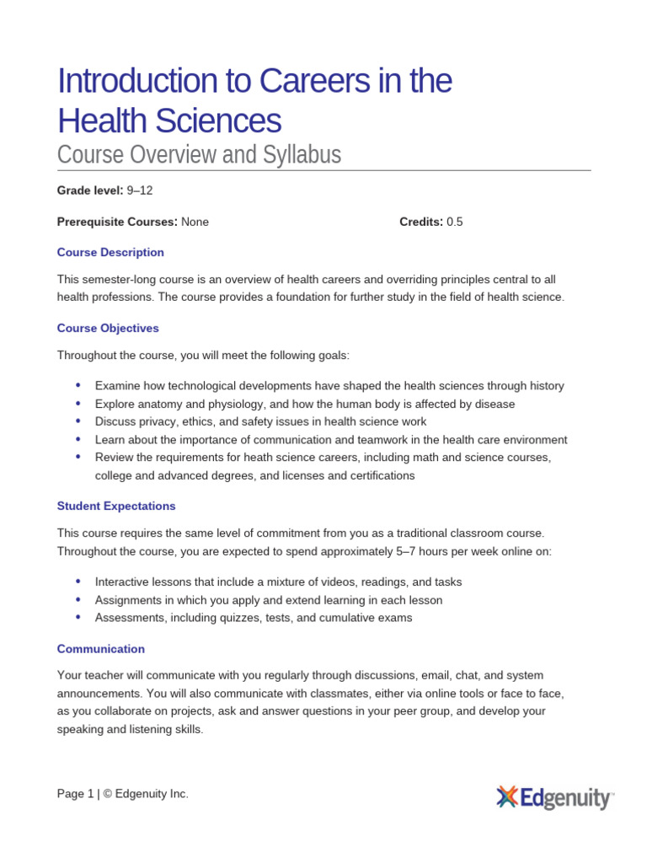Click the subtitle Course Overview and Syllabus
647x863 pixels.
point(199,155)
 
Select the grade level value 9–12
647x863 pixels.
point(140,190)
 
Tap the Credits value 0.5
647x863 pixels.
point(455,222)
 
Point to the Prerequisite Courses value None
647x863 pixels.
point(195,222)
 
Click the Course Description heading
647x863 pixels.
point(110,252)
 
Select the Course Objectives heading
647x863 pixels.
point(108,328)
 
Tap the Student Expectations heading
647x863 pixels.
point(116,506)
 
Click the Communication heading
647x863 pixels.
point(101,649)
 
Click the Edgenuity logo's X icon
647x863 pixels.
point(506,796)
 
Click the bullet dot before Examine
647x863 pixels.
point(78,385)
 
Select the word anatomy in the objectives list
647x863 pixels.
point(159,404)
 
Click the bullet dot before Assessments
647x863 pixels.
point(78,617)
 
